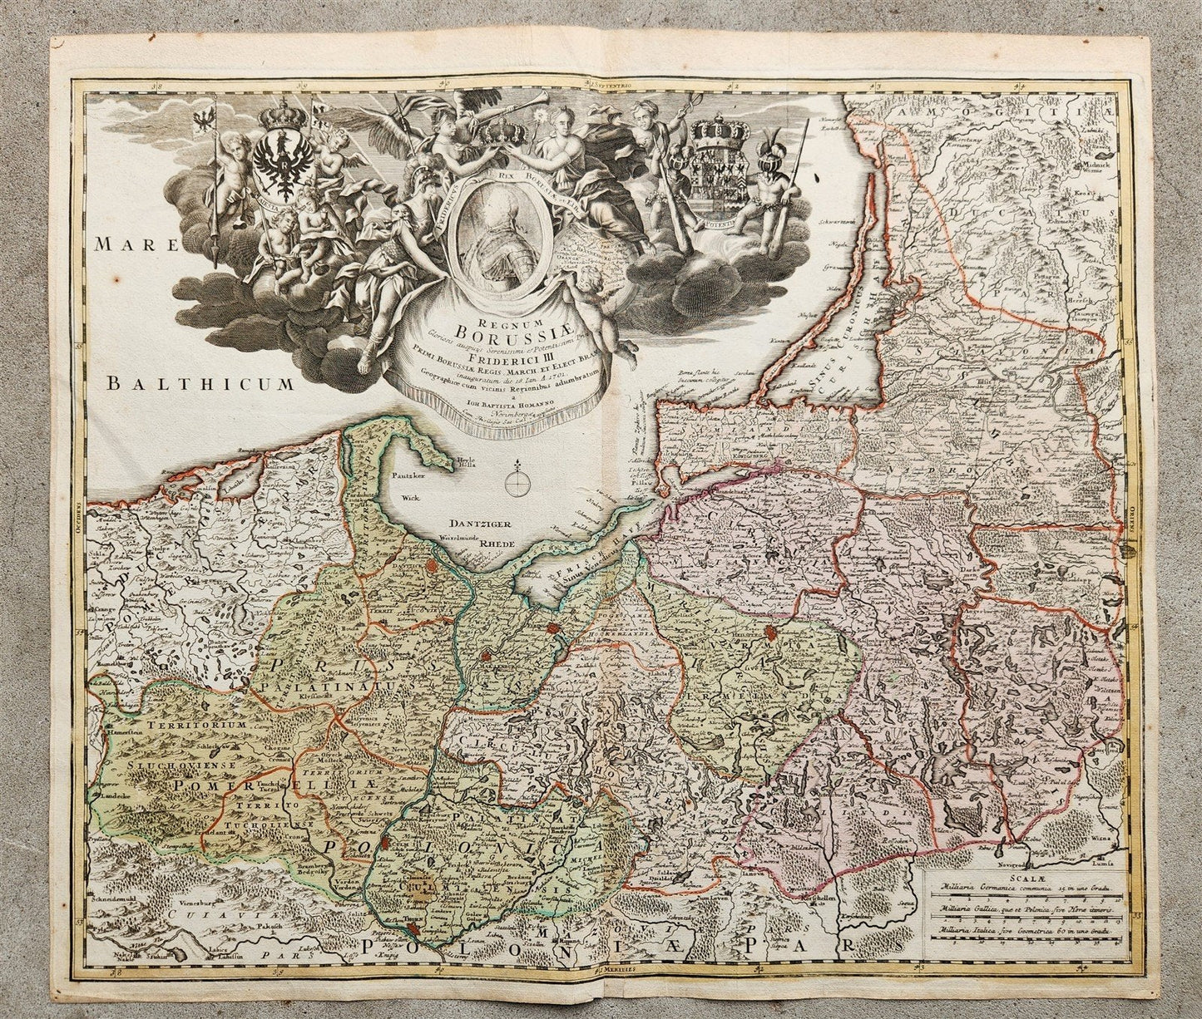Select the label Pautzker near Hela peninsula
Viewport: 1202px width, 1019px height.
click(408, 479)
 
